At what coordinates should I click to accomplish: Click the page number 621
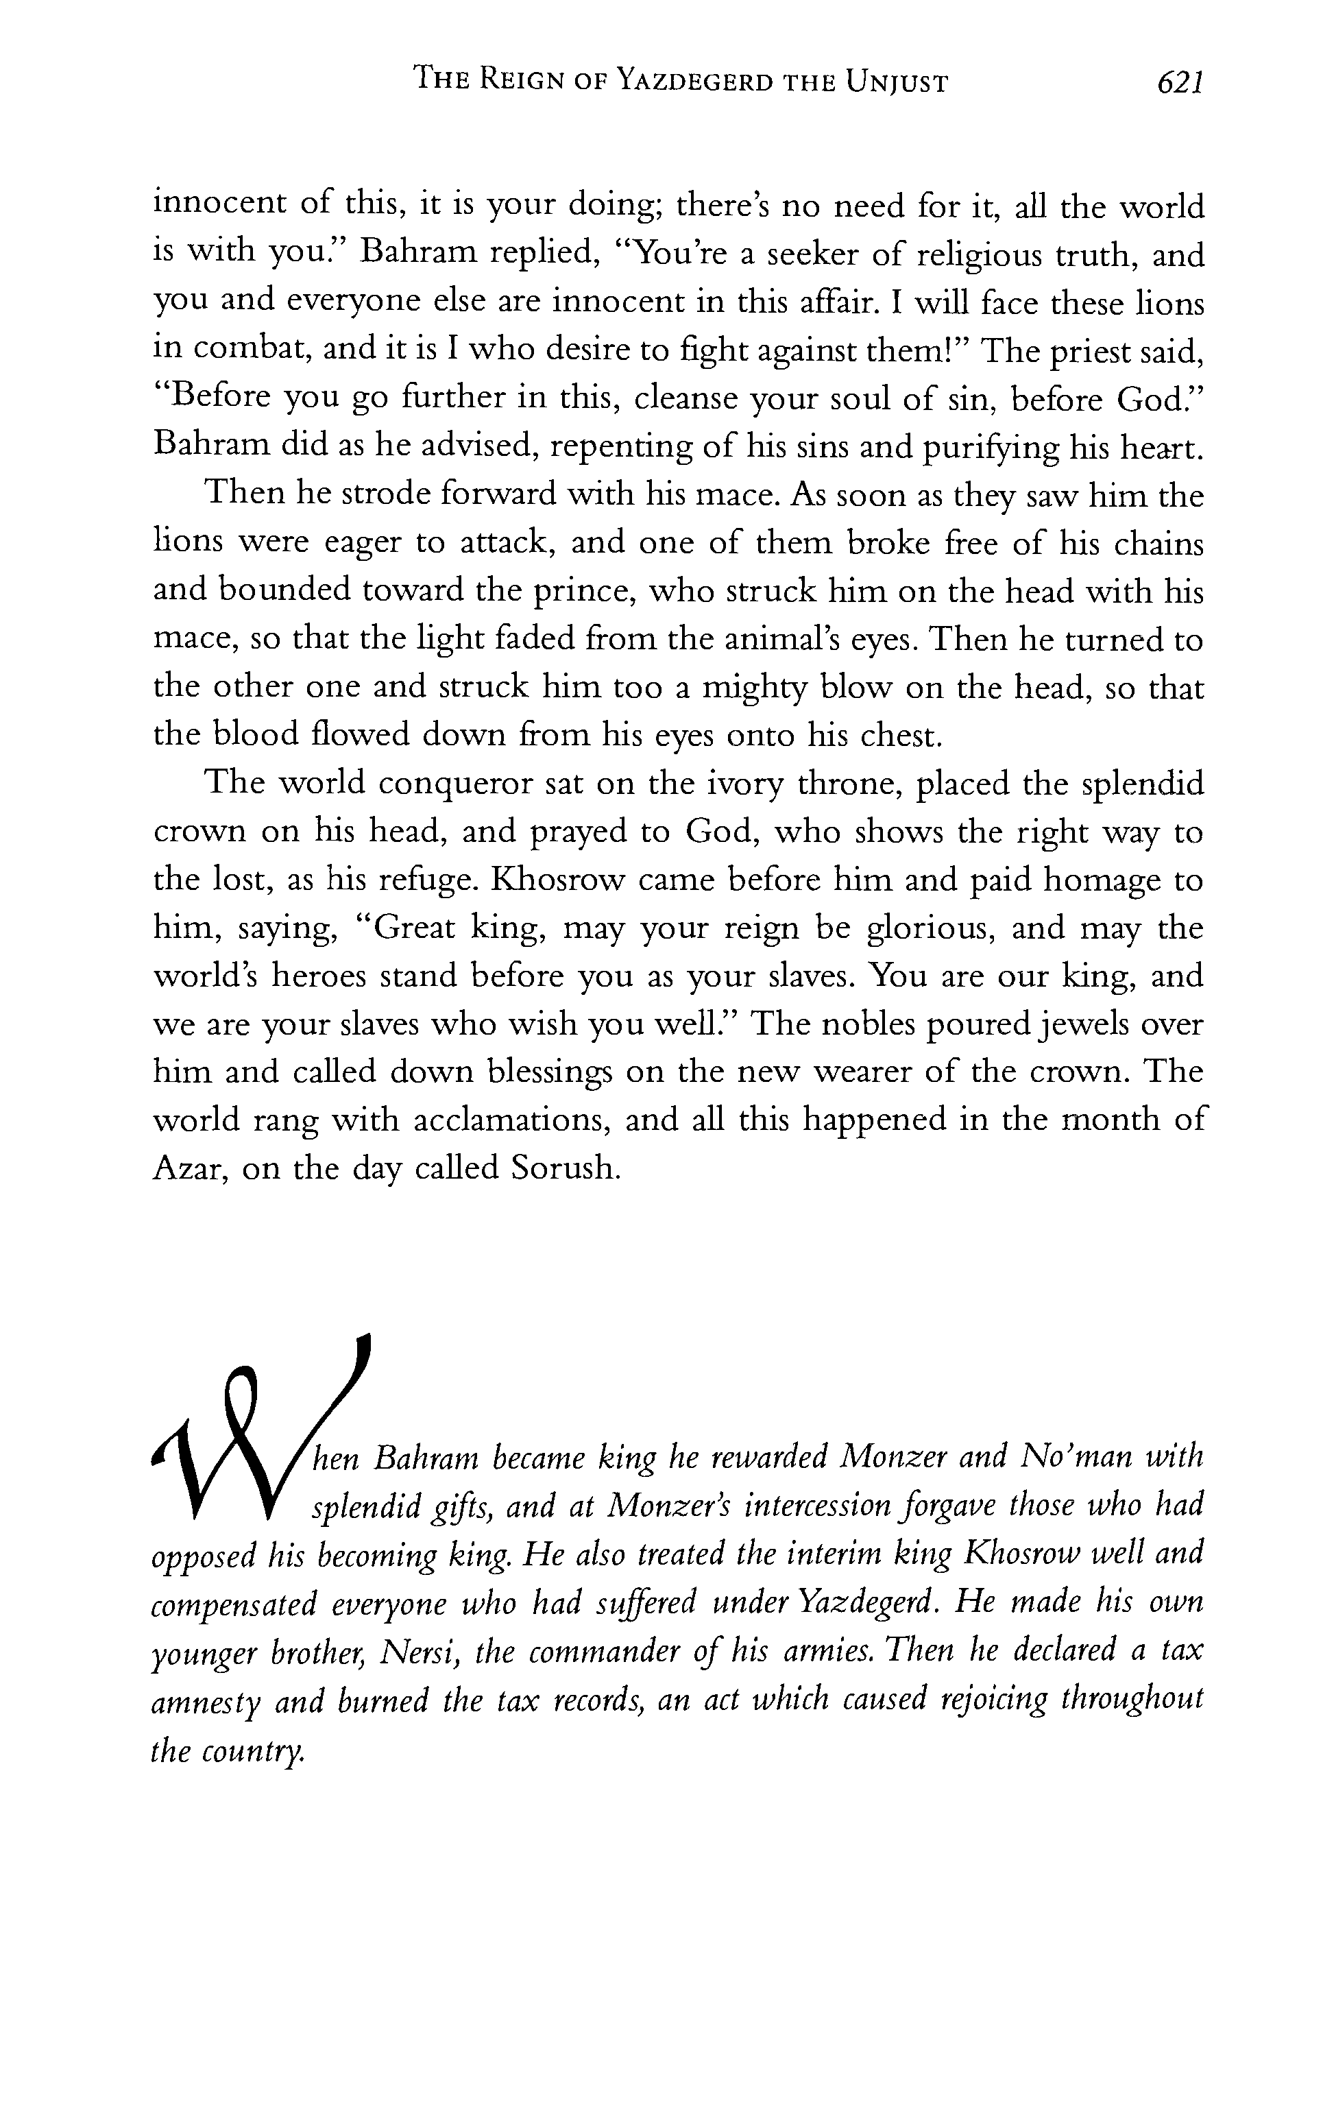(x=1181, y=83)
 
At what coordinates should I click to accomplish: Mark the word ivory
(x=747, y=783)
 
